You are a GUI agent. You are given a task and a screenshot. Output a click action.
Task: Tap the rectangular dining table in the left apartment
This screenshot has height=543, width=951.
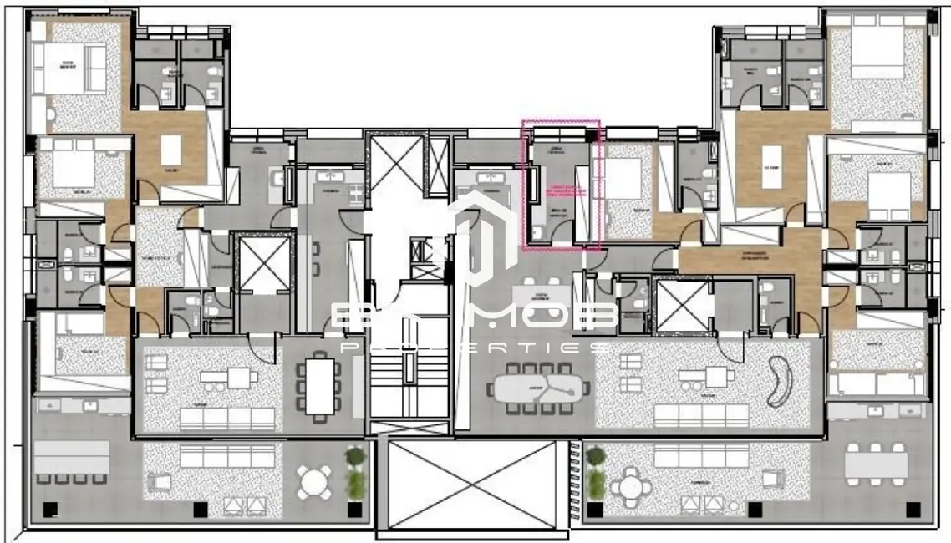pyautogui.click(x=320, y=384)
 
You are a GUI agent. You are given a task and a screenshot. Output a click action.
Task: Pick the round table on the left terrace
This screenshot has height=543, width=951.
pyautogui.click(x=314, y=483)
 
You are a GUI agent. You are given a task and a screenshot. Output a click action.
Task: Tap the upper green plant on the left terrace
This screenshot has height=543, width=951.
pyautogui.click(x=355, y=457)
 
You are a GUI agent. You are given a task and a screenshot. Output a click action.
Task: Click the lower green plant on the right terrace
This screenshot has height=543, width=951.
pyautogui.click(x=596, y=485)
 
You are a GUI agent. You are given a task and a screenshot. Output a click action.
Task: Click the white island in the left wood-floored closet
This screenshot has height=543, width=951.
pyautogui.click(x=171, y=150)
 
